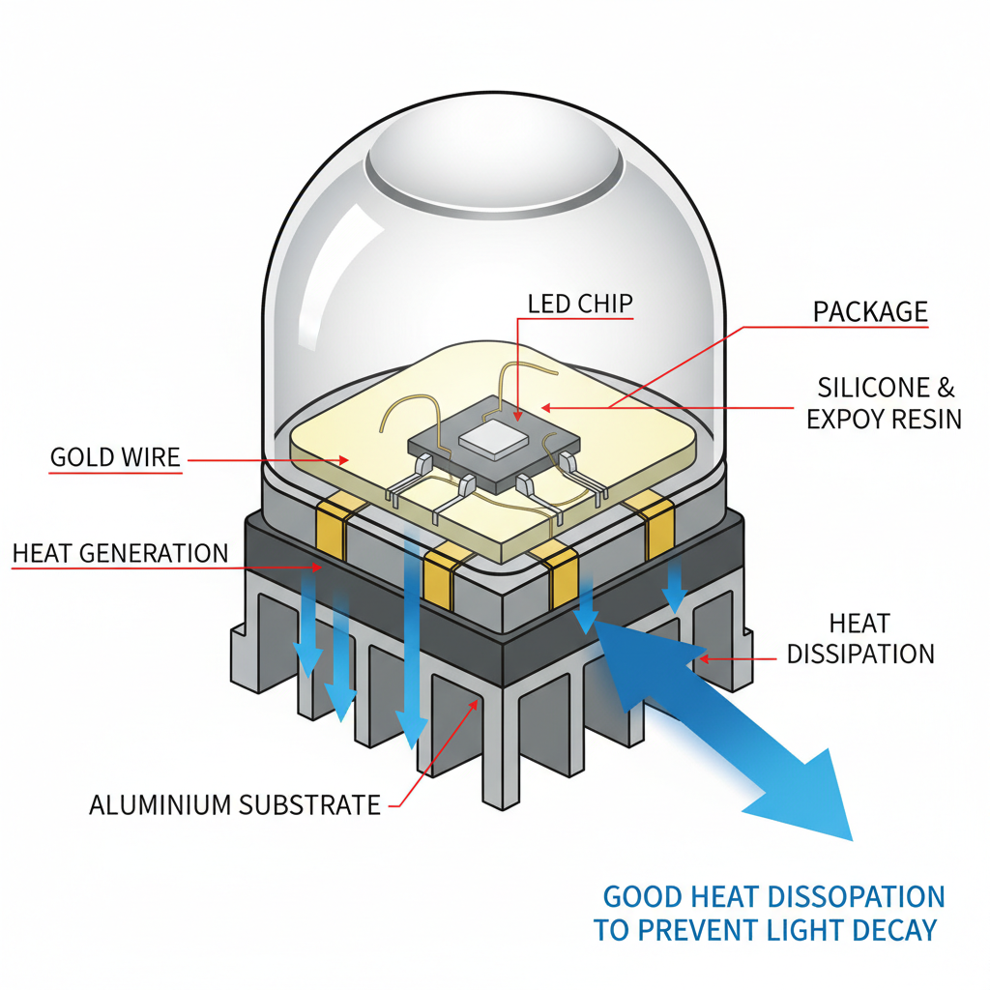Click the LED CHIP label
pos(580,304)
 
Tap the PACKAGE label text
pos(870,312)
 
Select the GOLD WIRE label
pos(115,457)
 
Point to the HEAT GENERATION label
pos(121,554)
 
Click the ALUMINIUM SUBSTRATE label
pos(235,804)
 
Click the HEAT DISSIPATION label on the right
pos(859,639)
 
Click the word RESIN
pos(926,420)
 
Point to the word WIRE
pos(152,457)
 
